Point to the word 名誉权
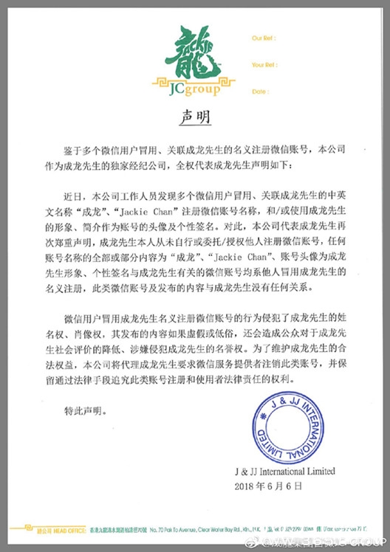pos(244,344)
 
